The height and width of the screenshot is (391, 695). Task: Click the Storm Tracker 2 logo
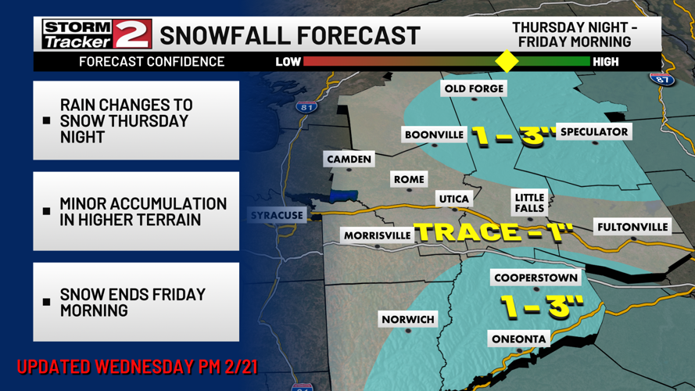click(96, 34)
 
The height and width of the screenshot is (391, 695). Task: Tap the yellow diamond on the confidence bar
click(507, 61)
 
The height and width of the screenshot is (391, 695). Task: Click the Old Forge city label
click(474, 88)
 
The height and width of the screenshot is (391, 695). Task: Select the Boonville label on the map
click(434, 135)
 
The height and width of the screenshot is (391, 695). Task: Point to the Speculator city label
click(594, 131)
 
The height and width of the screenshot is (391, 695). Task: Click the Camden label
click(349, 159)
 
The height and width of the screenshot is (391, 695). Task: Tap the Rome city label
click(409, 179)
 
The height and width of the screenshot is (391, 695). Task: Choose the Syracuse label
click(277, 215)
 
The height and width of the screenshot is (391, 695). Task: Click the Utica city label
click(453, 199)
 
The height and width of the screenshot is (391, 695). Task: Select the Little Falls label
click(529, 203)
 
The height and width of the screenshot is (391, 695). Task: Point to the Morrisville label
click(377, 235)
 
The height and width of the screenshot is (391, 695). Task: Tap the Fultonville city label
click(632, 227)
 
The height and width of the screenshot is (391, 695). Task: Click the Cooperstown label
click(536, 278)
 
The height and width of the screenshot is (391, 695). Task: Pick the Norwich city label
click(407, 319)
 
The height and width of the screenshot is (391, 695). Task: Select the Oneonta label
click(518, 339)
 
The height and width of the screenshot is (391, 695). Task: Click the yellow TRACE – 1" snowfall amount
click(493, 231)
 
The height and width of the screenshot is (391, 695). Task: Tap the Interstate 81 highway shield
click(306, 106)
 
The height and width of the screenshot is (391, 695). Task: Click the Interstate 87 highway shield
click(661, 78)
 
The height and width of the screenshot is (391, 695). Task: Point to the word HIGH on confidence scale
click(606, 61)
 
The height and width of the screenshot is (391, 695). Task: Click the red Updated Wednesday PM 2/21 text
click(137, 366)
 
